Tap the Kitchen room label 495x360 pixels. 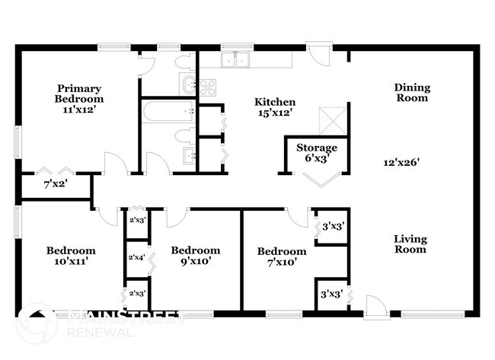[x=274, y=102]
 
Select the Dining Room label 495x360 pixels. [x=411, y=92]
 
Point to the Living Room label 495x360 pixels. [x=410, y=244]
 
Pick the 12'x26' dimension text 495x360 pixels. [x=402, y=161]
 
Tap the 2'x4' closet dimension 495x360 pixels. [x=137, y=258]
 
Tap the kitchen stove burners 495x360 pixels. [x=207, y=85]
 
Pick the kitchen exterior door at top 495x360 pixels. [x=319, y=54]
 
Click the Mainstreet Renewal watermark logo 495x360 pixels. [x=37, y=323]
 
